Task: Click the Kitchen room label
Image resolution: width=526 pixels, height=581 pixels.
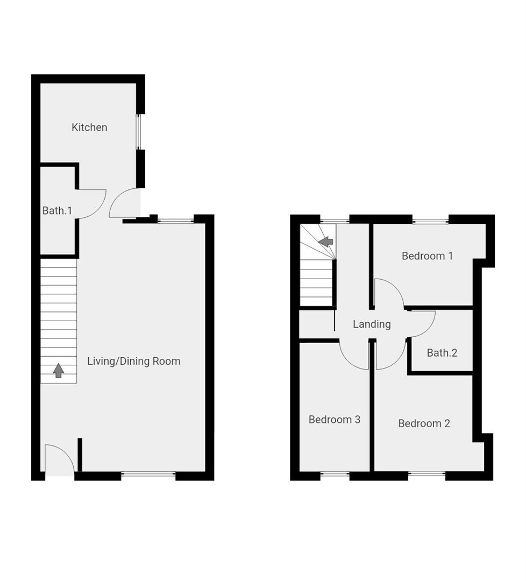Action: pyautogui.click(x=89, y=127)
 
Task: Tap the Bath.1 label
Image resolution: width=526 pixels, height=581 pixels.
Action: pyautogui.click(x=57, y=210)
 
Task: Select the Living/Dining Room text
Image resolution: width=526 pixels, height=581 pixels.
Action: pyautogui.click(x=134, y=361)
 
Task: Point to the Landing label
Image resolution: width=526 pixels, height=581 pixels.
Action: pyautogui.click(x=372, y=324)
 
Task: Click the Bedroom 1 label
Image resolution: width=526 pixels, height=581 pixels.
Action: pyautogui.click(x=427, y=256)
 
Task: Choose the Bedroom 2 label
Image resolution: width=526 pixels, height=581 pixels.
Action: pyautogui.click(x=424, y=423)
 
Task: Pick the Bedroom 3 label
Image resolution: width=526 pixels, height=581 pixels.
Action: pyautogui.click(x=334, y=419)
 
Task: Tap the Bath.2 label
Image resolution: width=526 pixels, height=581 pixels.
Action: pyautogui.click(x=442, y=353)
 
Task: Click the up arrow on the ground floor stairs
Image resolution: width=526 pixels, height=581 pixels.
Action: pyautogui.click(x=58, y=371)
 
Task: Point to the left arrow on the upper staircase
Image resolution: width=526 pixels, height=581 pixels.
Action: pyautogui.click(x=326, y=242)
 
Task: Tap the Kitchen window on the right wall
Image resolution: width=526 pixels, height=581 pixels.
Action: pyautogui.click(x=138, y=132)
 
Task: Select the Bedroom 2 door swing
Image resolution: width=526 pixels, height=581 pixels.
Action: pyautogui.click(x=390, y=356)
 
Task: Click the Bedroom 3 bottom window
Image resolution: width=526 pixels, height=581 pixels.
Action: pyautogui.click(x=335, y=474)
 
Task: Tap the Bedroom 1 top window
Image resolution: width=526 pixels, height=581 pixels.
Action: pyautogui.click(x=430, y=220)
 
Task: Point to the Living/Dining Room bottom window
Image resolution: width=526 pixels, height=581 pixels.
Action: pyautogui.click(x=148, y=474)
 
